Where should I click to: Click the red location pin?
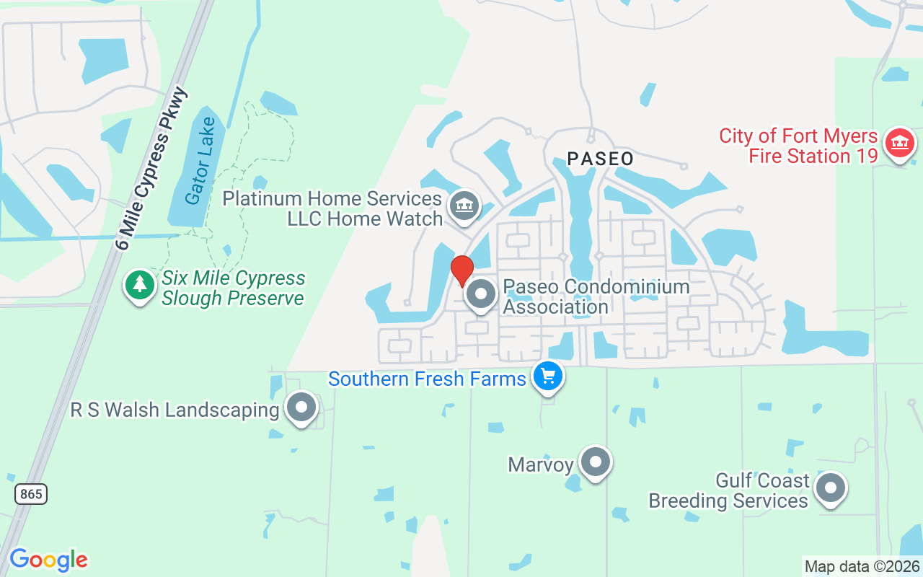(x=461, y=270)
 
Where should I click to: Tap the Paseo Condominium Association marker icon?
(x=481, y=294)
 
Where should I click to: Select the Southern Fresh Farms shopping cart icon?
(x=547, y=376)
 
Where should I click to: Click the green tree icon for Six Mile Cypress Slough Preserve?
(x=139, y=285)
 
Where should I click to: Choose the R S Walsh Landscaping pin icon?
(x=301, y=408)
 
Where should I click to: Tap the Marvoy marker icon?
(x=596, y=462)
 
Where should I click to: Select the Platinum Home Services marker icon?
(x=464, y=206)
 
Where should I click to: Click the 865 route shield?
(x=30, y=494)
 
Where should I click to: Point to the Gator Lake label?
(x=200, y=160)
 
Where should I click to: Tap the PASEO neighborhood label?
(x=600, y=159)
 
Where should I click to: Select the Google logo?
(x=48, y=560)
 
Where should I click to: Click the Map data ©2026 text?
(x=862, y=566)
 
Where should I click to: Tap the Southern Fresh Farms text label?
(x=427, y=379)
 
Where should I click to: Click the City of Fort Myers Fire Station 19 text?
(x=798, y=146)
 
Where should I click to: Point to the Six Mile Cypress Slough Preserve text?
(x=233, y=288)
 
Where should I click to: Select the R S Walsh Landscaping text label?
(x=175, y=410)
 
